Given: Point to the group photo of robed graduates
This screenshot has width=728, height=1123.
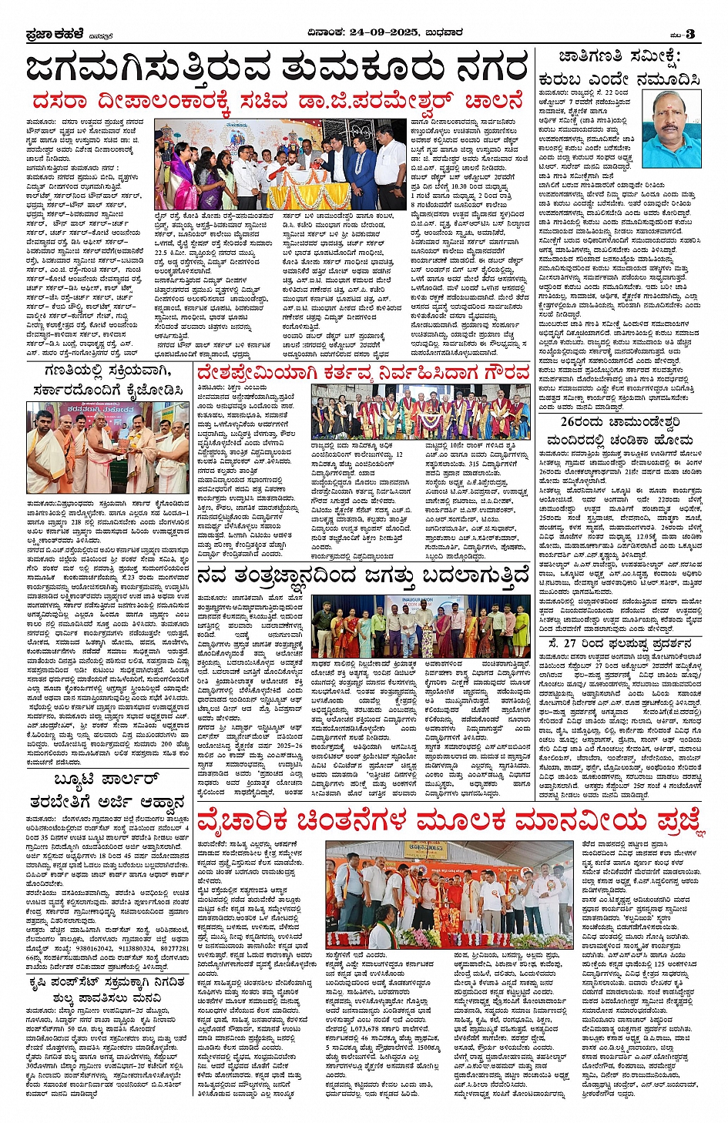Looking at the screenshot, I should [420, 412].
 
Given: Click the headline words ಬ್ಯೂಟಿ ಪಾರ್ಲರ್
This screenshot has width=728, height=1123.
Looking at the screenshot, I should [107, 779].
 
